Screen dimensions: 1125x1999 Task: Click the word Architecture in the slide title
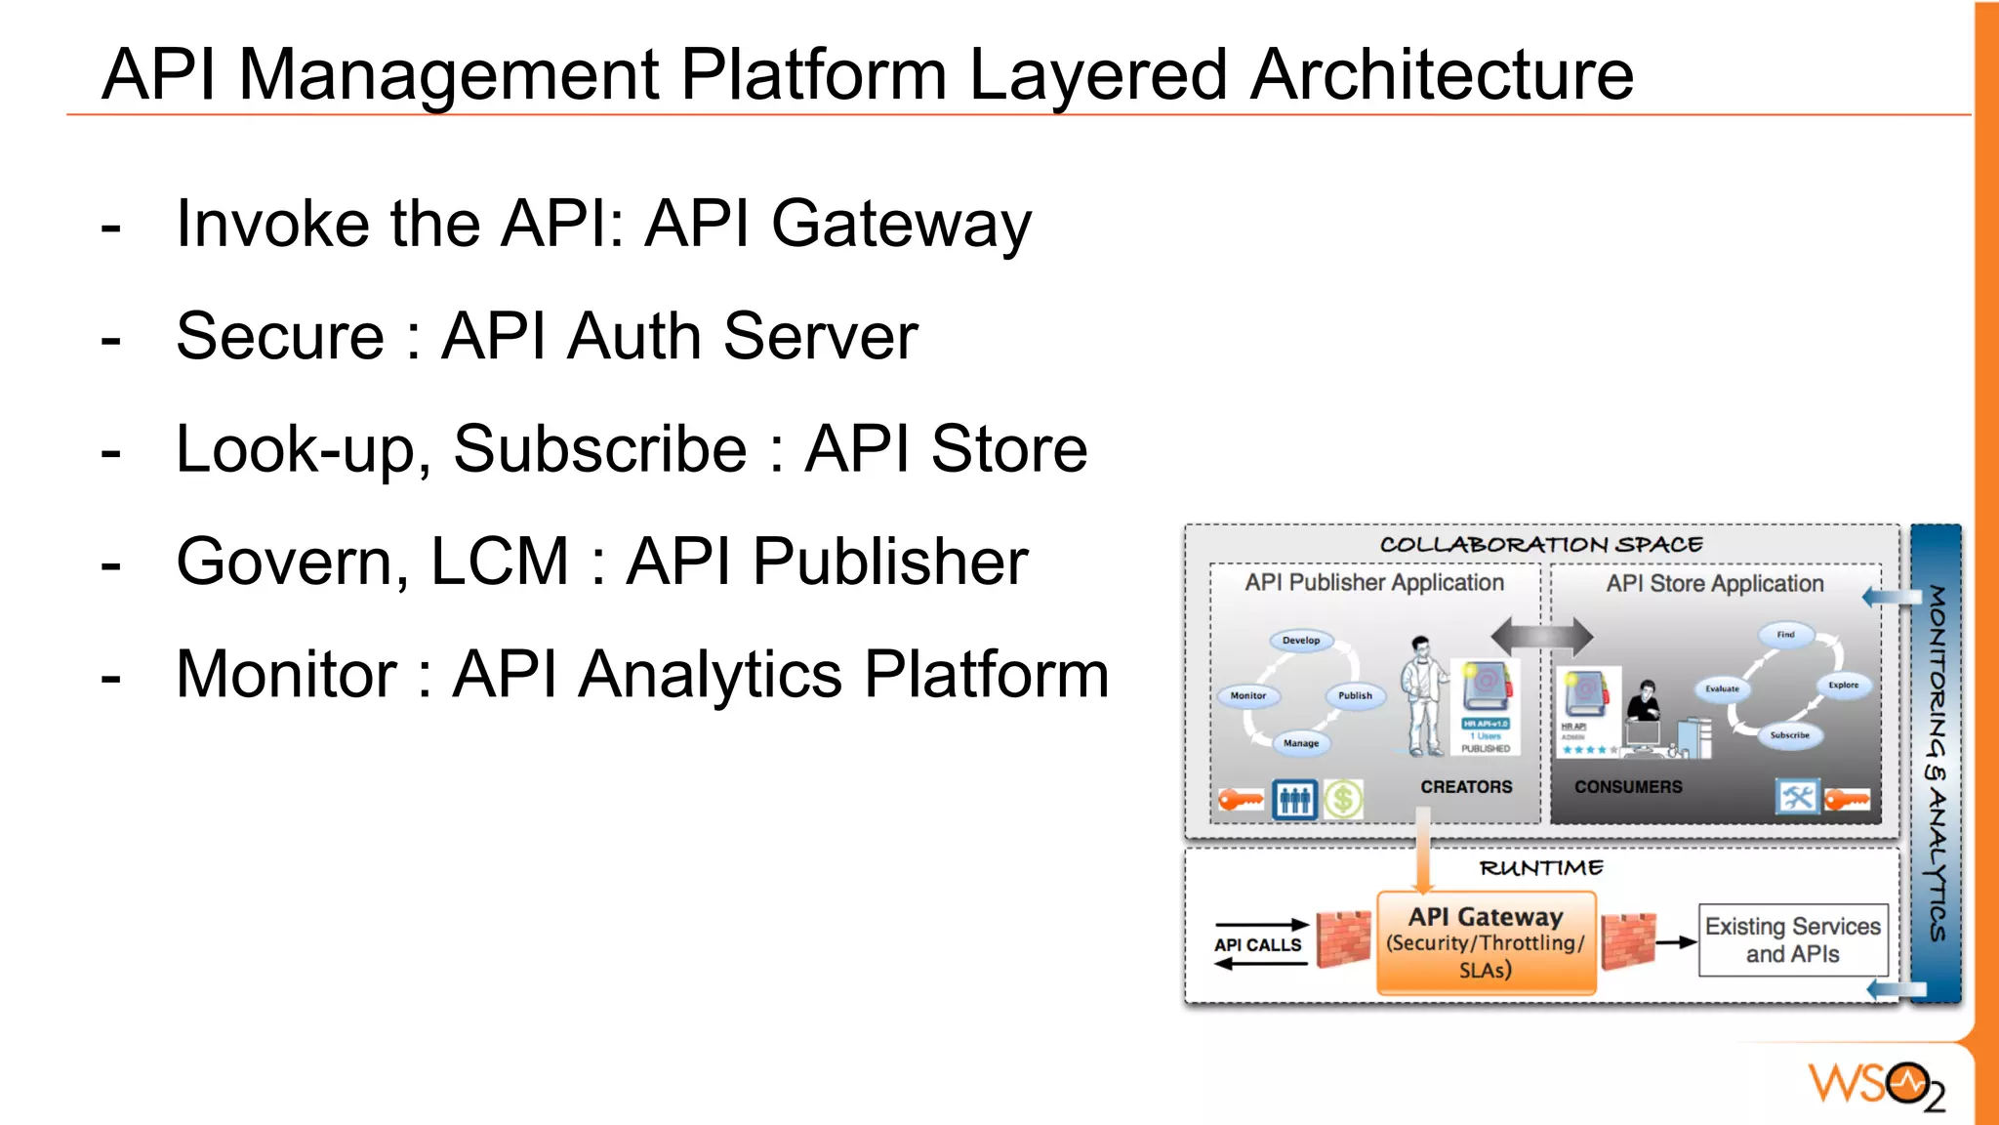click(1442, 76)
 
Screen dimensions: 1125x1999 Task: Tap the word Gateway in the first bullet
click(901, 225)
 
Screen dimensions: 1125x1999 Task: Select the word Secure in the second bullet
click(280, 337)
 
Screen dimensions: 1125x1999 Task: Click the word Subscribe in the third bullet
click(600, 450)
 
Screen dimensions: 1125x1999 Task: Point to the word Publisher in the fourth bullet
click(890, 562)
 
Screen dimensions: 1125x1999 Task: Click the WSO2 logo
click(1875, 1085)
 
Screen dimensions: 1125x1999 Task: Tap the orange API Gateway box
click(1486, 942)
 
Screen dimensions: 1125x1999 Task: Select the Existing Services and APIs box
click(1792, 939)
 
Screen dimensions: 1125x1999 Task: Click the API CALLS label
click(1257, 945)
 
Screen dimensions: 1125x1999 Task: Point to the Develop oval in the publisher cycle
click(1301, 641)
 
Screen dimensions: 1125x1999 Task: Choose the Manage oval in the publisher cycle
click(1301, 743)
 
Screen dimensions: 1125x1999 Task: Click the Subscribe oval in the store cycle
click(1789, 735)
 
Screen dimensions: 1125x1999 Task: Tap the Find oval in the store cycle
click(1785, 635)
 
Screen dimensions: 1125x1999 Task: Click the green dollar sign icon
click(1343, 800)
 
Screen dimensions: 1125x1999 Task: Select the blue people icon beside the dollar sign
click(1294, 800)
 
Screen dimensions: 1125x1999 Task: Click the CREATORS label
click(1466, 787)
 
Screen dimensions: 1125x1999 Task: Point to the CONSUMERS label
click(1628, 787)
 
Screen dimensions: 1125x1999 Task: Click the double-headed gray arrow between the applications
click(1542, 638)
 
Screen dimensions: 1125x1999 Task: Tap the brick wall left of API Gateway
click(1343, 939)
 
